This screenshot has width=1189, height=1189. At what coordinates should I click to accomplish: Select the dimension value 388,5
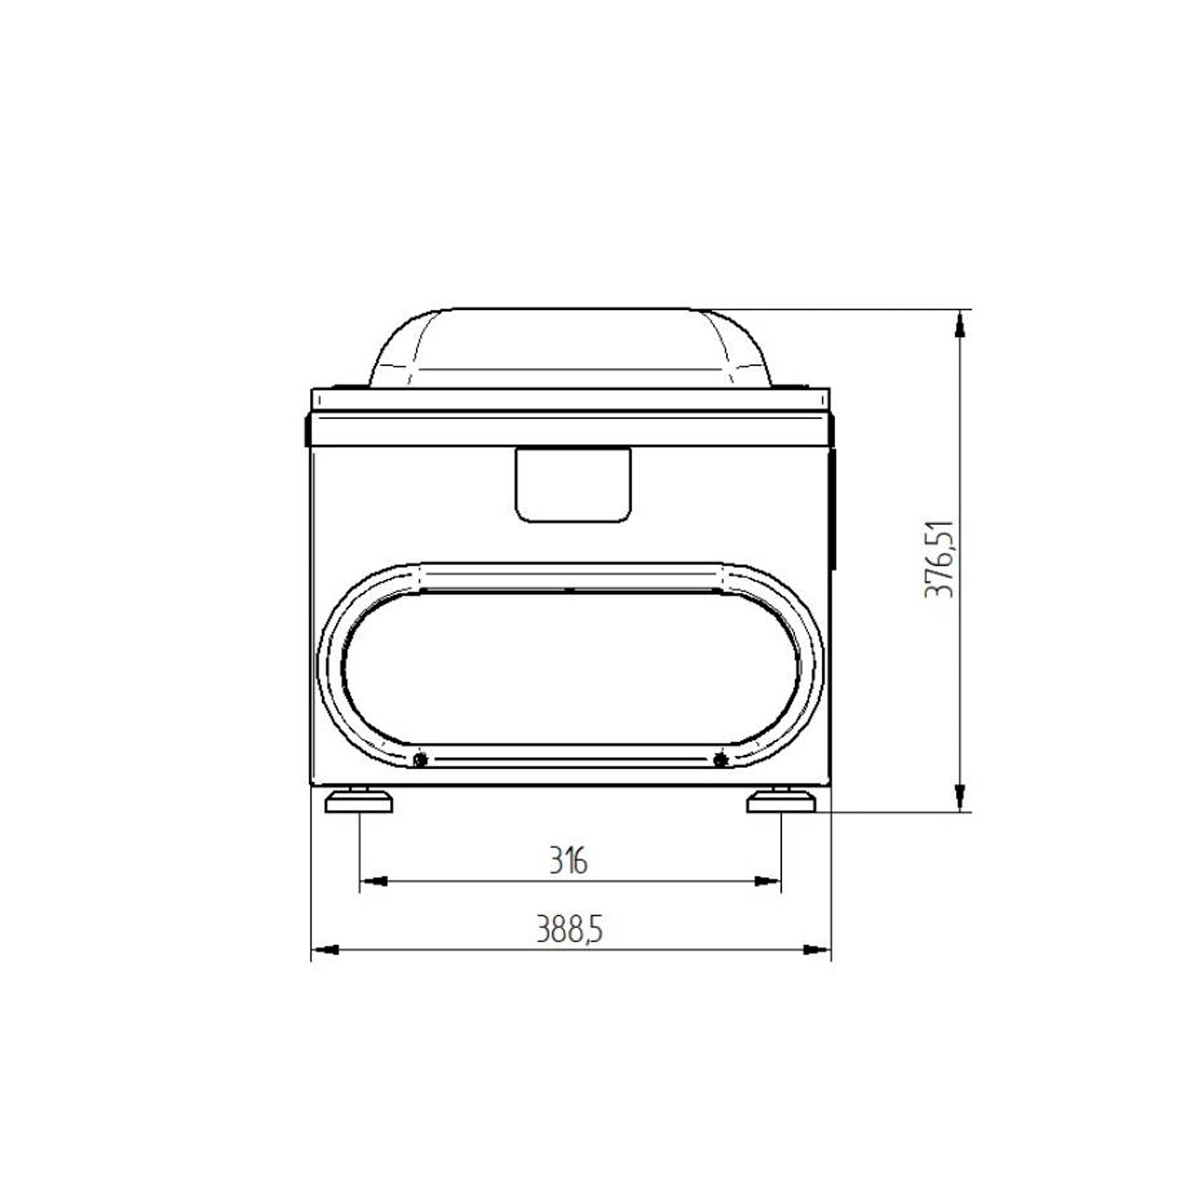tap(570, 929)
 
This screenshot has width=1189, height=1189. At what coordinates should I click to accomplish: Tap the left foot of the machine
tap(358, 803)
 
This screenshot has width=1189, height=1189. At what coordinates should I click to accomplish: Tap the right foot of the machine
tap(781, 803)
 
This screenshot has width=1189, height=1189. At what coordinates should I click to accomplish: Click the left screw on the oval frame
tap(420, 760)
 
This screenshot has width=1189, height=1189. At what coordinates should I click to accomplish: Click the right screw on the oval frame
tap(721, 760)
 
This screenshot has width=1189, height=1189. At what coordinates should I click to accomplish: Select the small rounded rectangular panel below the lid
tap(573, 485)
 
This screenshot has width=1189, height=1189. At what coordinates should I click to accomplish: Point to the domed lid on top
tap(570, 348)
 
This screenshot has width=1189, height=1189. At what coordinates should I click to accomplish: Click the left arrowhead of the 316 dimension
tap(373, 881)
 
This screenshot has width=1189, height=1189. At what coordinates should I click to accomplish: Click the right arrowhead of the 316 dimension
tap(767, 881)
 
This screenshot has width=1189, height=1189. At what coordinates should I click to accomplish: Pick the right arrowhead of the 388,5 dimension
tap(816, 950)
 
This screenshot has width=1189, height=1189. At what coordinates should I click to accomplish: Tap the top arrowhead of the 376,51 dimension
tap(959, 326)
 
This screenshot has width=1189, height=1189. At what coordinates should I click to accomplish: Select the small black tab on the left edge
tap(307, 431)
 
